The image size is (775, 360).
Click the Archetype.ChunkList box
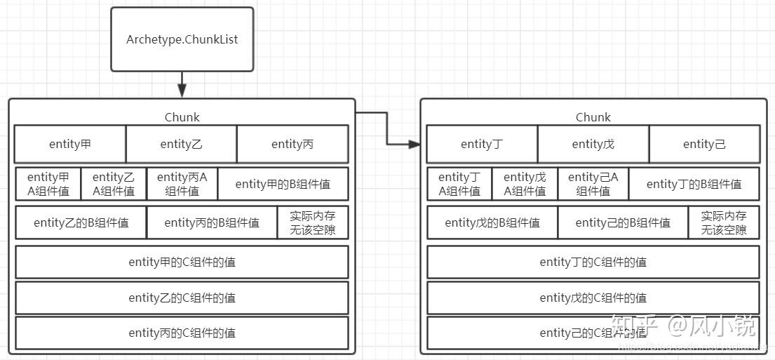pos(182,39)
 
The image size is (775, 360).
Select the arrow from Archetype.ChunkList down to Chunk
pos(182,84)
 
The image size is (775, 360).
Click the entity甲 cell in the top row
pos(70,145)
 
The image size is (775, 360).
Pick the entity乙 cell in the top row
pos(181,145)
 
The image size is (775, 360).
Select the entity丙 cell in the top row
pos(292,145)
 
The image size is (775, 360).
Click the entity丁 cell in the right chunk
pos(482,145)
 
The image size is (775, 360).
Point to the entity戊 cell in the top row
pos(593,145)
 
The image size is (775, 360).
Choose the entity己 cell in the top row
pos(704,145)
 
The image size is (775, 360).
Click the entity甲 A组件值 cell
pos(48,184)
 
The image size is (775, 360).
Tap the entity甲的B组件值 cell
pos(283,184)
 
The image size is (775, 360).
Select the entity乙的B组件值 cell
pos(81,222)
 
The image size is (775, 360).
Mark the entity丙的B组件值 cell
pos(212,222)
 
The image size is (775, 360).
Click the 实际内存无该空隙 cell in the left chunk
pos(313,222)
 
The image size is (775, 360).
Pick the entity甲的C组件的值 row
pos(182,262)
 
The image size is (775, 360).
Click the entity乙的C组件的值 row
pos(182,298)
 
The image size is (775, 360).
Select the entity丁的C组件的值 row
pos(593,262)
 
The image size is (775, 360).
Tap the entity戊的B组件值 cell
pos(492,222)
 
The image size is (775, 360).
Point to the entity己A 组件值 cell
pos(593,184)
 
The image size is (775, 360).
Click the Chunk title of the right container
pos(593,117)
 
